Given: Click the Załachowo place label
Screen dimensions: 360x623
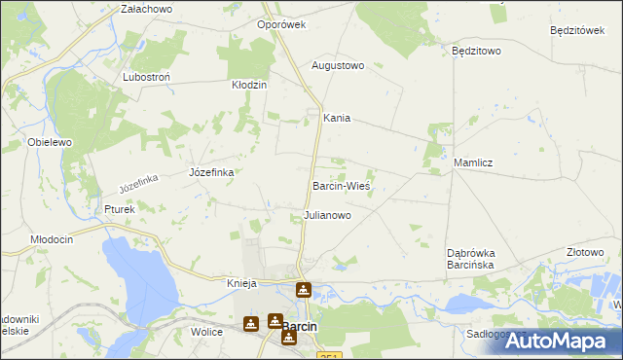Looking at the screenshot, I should coord(146,9).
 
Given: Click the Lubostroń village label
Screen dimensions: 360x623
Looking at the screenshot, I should coord(149,76).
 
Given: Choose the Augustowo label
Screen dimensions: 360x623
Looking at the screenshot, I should coord(337,66).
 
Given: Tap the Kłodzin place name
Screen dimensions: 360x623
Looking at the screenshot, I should coord(248,86).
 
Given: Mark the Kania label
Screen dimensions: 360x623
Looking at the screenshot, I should coord(337,119).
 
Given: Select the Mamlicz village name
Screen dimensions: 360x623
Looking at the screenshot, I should coord(472,162).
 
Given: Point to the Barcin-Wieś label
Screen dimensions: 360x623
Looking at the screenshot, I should coord(342,185).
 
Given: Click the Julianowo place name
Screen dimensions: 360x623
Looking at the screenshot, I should coord(327,214).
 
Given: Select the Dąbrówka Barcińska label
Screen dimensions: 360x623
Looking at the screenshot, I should coord(472,258).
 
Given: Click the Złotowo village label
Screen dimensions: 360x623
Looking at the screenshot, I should coord(585,252).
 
